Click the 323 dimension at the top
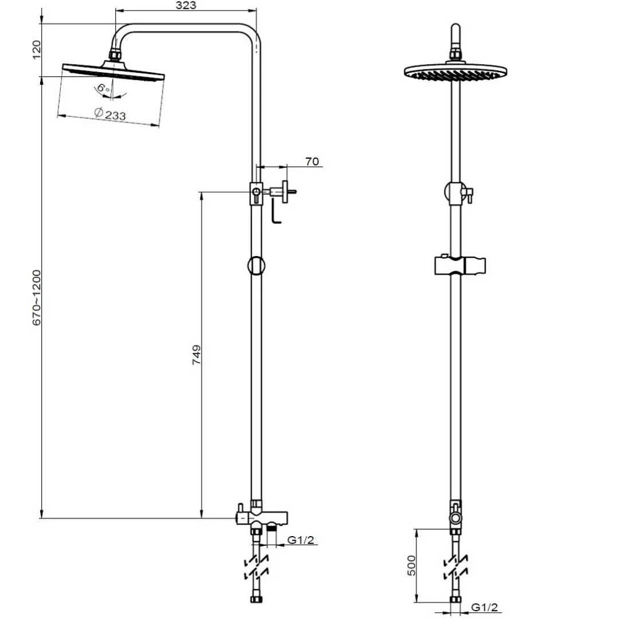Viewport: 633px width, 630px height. [186, 5]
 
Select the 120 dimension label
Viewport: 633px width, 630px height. [36, 50]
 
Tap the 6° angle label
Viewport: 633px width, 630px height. [103, 88]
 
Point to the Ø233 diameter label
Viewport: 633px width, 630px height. [110, 114]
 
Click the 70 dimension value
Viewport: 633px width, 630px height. [312, 162]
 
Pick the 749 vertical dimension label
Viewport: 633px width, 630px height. [196, 355]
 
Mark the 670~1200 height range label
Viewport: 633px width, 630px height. [36, 298]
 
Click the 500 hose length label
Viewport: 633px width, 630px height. [411, 565]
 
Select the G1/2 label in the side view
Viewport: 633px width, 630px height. [300, 540]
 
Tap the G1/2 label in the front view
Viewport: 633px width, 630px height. [485, 607]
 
